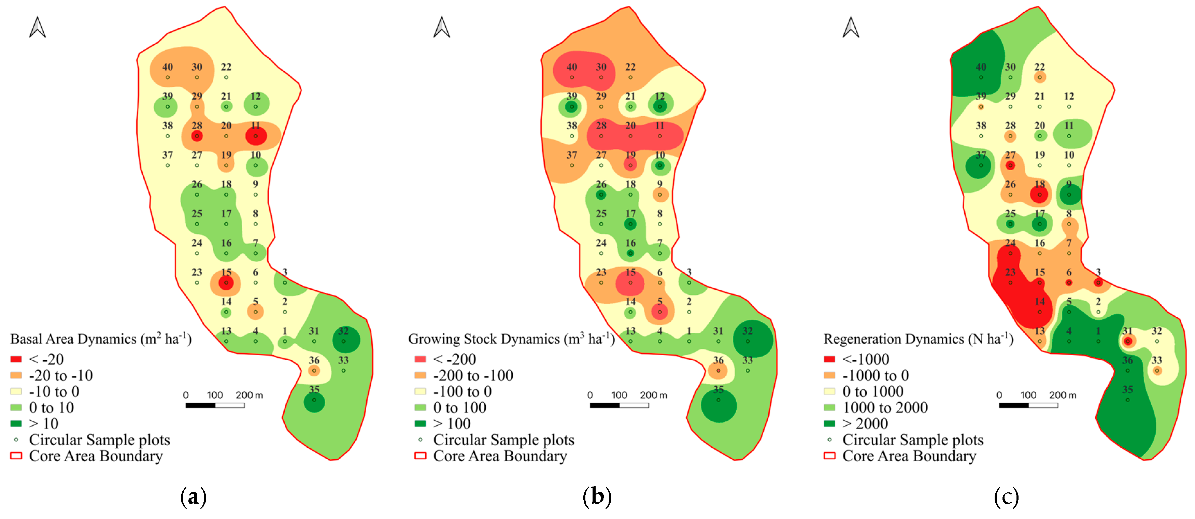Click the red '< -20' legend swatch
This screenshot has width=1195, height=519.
(16, 359)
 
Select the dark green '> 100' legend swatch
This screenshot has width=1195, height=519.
(420, 423)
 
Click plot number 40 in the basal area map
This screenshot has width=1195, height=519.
(168, 67)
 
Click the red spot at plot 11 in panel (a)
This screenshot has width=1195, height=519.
(256, 136)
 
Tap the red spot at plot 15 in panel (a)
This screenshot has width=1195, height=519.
(226, 282)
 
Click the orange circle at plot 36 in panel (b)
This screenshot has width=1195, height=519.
(718, 370)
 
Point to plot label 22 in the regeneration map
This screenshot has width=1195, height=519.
(1040, 67)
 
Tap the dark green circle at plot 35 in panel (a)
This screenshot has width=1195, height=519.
(314, 402)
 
